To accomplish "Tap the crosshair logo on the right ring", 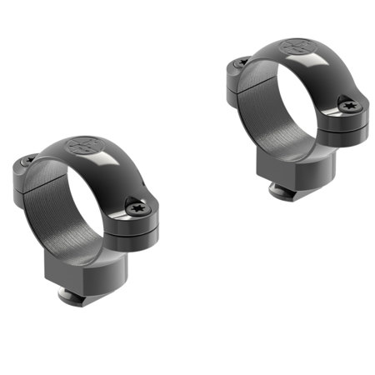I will [296, 47].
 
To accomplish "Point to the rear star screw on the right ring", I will [242, 62].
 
